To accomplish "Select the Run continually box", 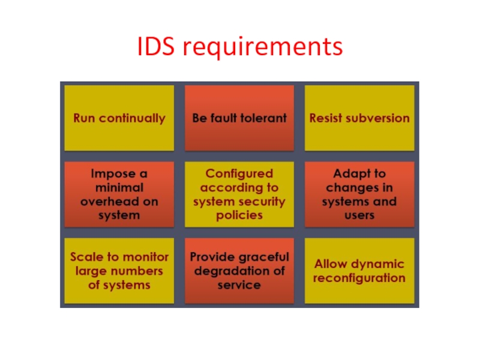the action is pyautogui.click(x=119, y=118).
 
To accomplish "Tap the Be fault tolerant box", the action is pyautogui.click(x=239, y=118).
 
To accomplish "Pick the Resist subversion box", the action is pyautogui.click(x=359, y=118).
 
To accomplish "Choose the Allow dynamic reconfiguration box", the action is pyautogui.click(x=359, y=271).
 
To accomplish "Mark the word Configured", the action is pyautogui.click(x=239, y=174).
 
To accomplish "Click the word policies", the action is pyautogui.click(x=239, y=215).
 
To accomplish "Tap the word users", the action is pyautogui.click(x=359, y=215).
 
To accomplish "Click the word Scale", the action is pyautogui.click(x=86, y=257).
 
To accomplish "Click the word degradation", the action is pyautogui.click(x=230, y=271).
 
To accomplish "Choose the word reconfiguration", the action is pyautogui.click(x=359, y=278).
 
